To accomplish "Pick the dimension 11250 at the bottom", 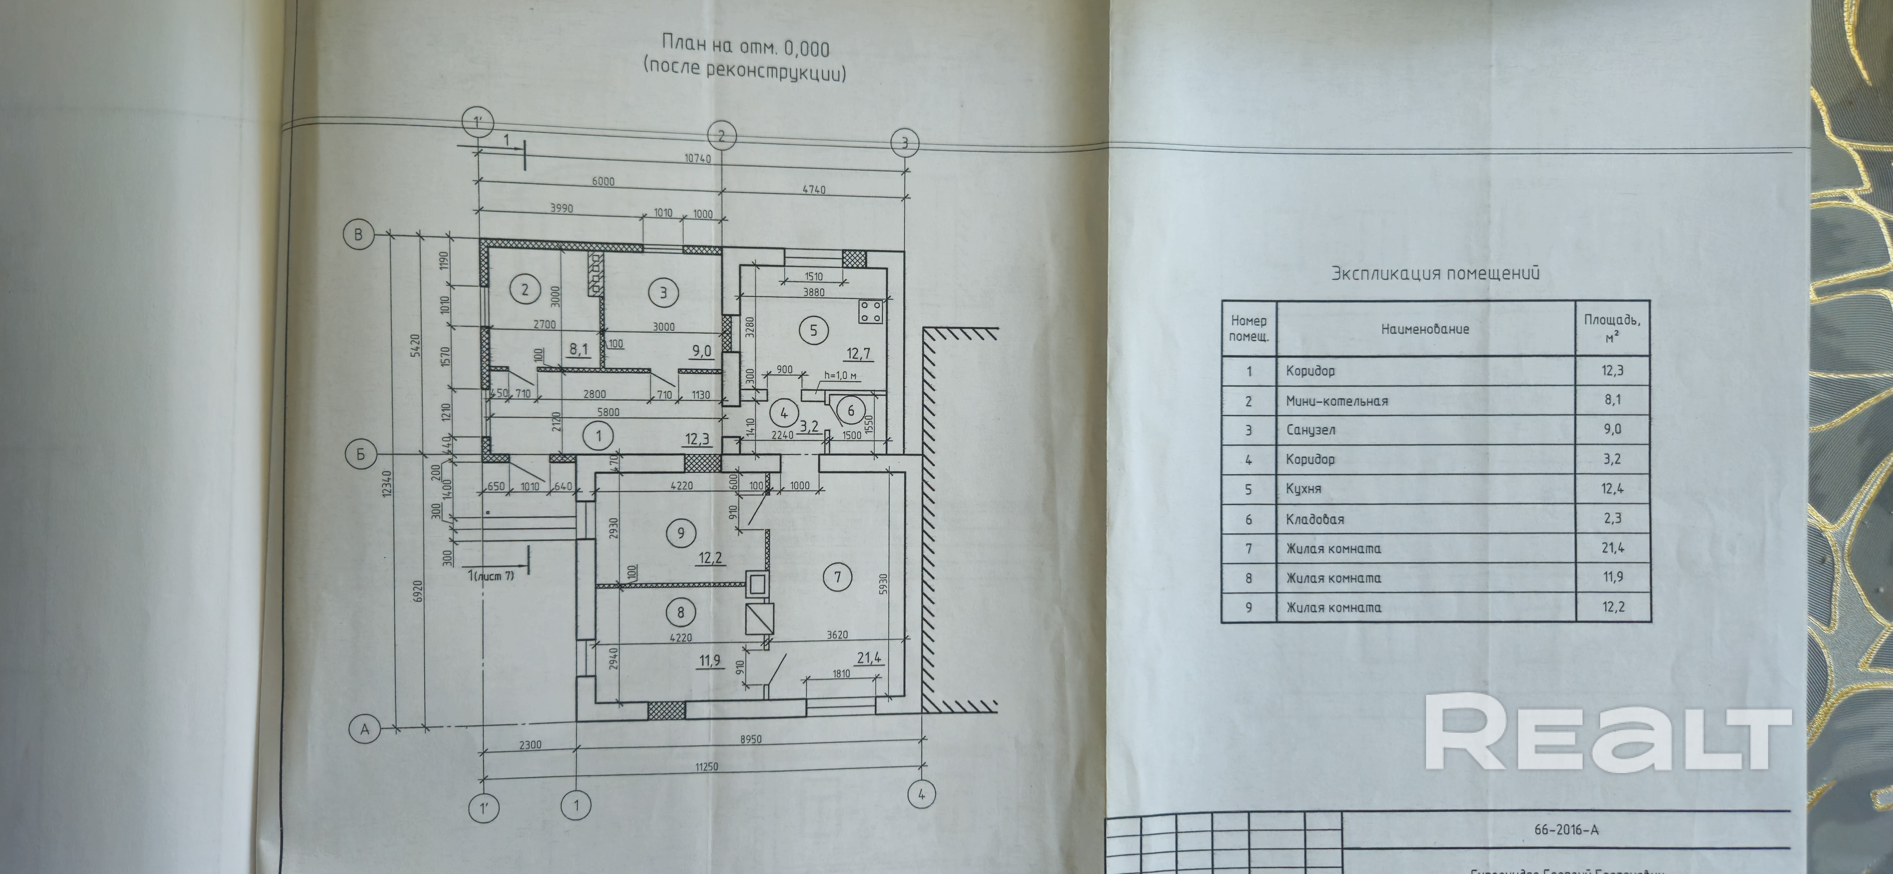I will [x=702, y=767].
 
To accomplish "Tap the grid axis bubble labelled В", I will [x=359, y=235].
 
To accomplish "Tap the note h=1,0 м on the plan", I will [x=841, y=375].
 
